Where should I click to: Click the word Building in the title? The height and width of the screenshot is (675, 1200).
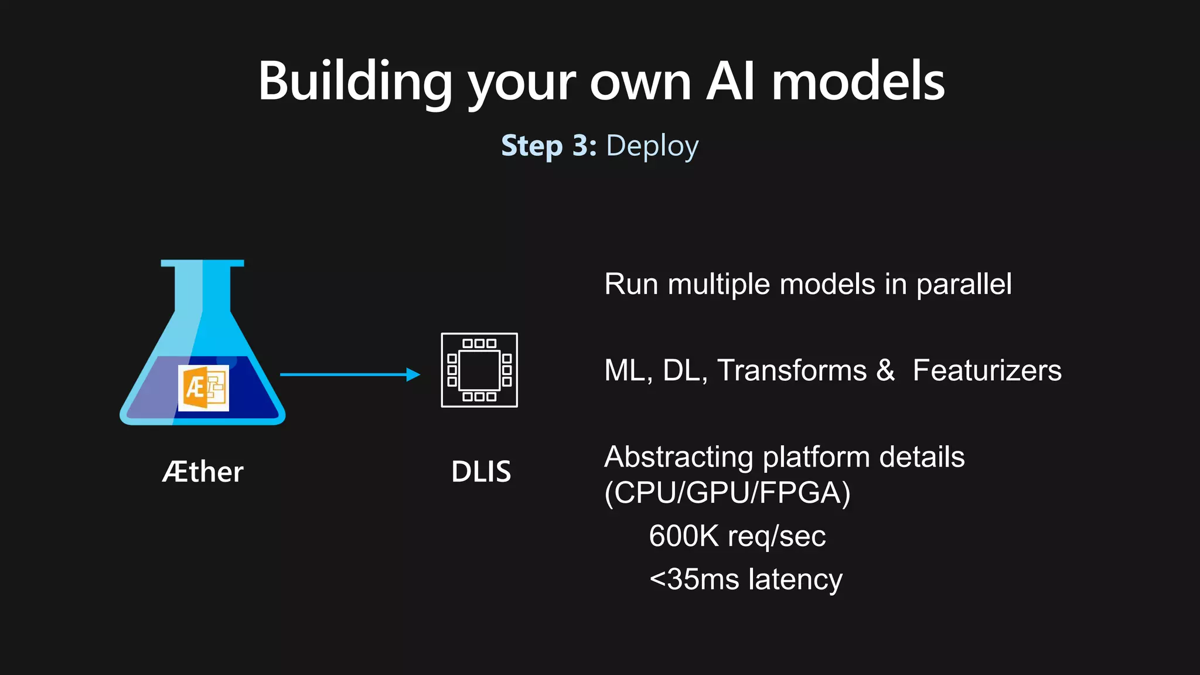click(x=355, y=82)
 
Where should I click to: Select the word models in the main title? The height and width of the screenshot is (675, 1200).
click(x=858, y=82)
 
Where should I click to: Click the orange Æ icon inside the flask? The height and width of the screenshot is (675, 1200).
click(x=203, y=388)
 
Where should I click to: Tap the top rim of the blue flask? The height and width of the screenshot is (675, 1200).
click(x=202, y=263)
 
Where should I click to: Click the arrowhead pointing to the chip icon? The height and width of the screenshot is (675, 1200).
click(x=413, y=374)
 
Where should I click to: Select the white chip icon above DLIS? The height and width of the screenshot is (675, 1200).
click(x=479, y=370)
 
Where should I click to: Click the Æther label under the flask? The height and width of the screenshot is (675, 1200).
click(x=203, y=472)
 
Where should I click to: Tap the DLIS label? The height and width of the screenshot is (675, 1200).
click(x=481, y=472)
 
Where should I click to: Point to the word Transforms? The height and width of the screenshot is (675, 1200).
click(x=792, y=371)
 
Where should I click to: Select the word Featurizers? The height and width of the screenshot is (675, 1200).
click(x=987, y=371)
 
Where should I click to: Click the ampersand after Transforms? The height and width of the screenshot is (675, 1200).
click(x=885, y=371)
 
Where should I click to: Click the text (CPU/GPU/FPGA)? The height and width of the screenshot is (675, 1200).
click(x=727, y=492)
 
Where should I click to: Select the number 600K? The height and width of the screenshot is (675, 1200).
click(x=683, y=536)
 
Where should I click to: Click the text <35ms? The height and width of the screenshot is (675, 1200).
click(x=694, y=579)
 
